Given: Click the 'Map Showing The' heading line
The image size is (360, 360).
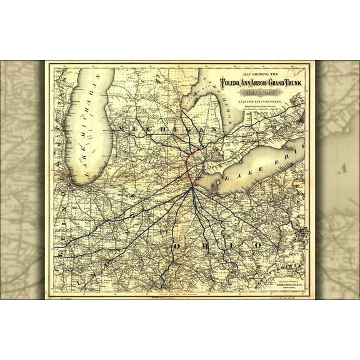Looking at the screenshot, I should point(264,71).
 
